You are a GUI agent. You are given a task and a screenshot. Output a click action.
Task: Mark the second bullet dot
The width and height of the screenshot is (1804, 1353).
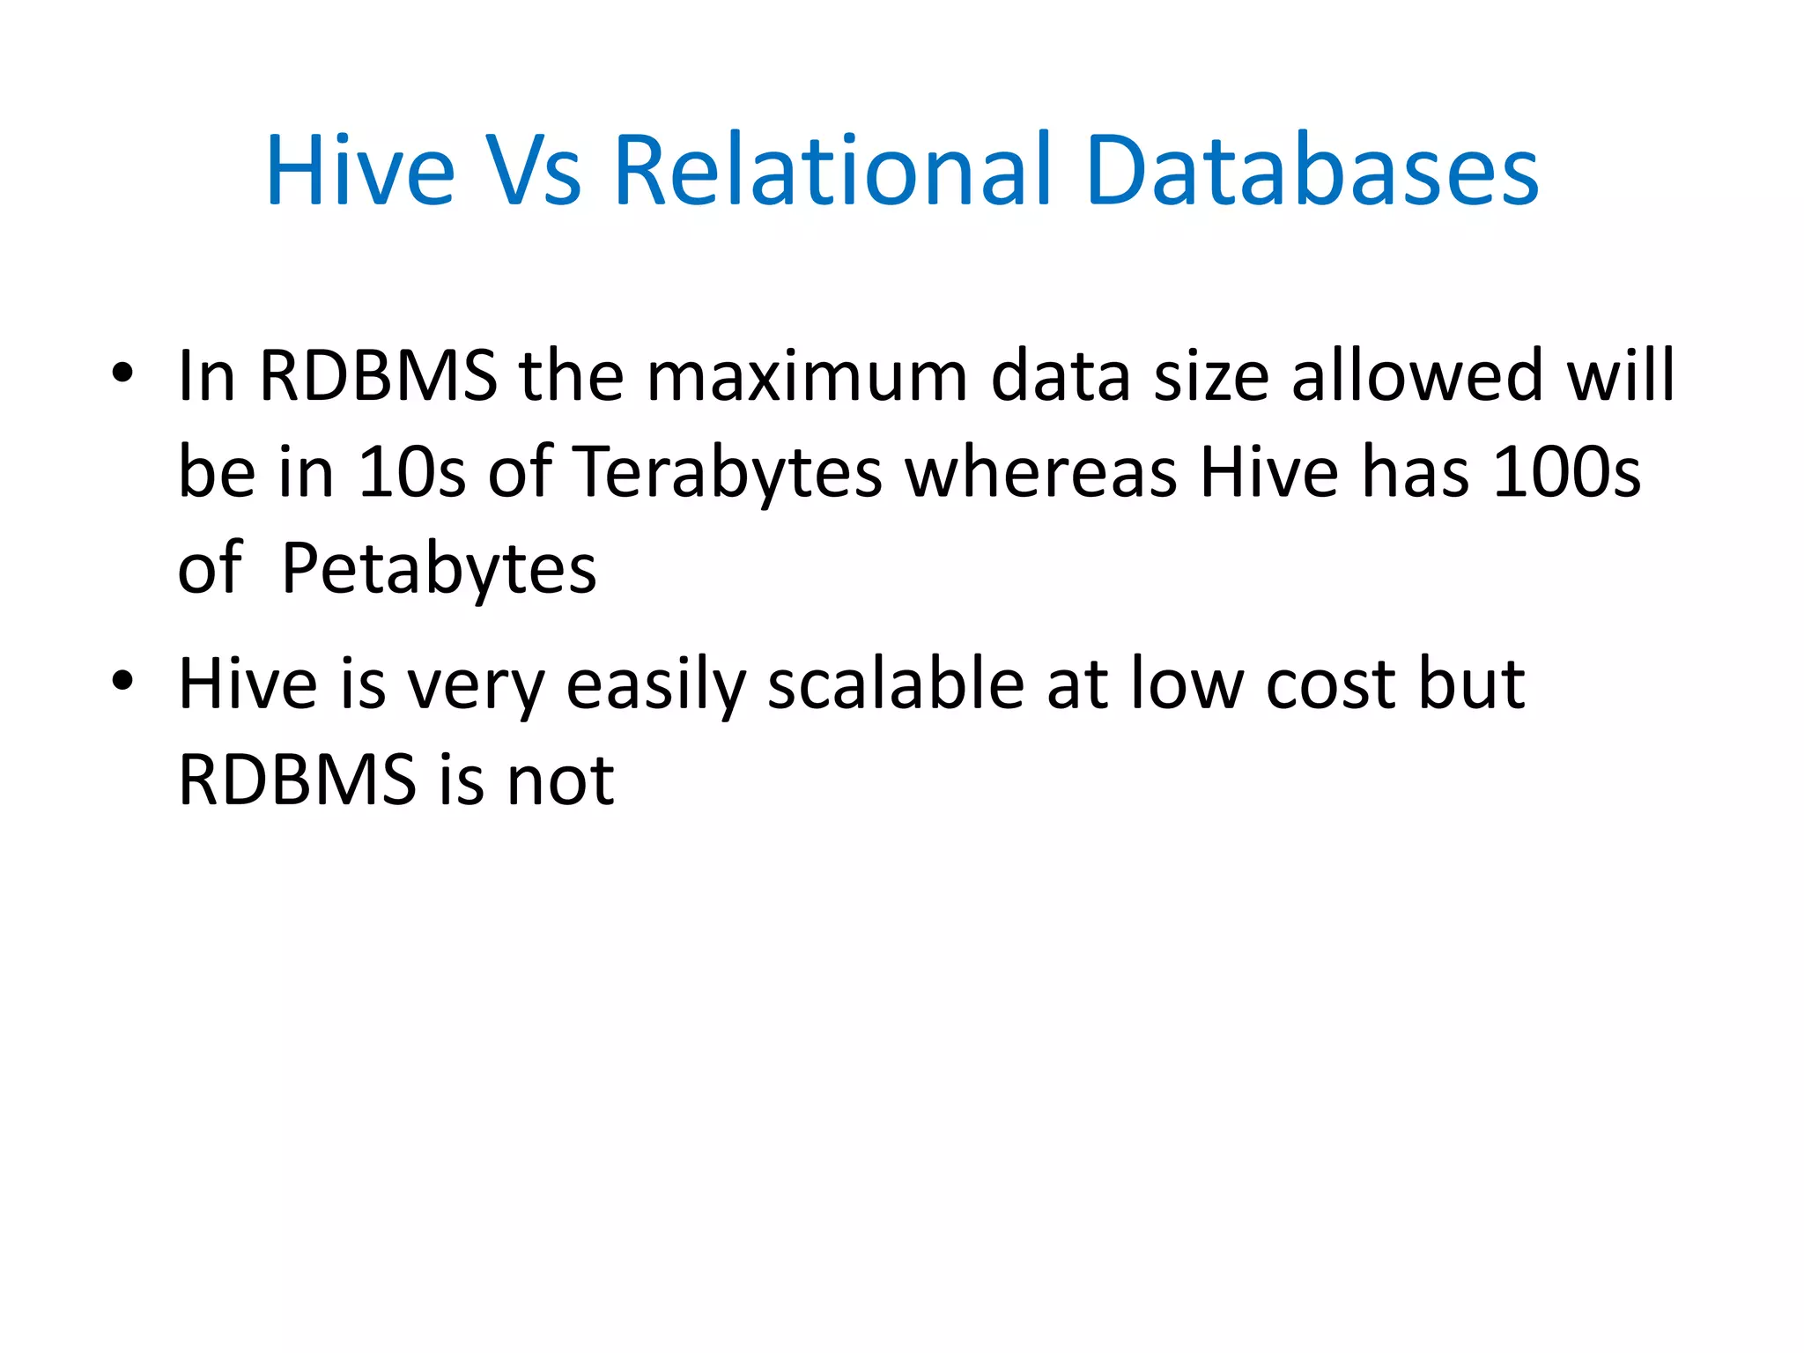pos(122,681)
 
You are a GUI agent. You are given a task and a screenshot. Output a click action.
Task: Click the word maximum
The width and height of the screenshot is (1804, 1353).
pos(807,376)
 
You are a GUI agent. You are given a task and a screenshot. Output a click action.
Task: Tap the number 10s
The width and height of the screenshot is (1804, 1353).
pos(411,472)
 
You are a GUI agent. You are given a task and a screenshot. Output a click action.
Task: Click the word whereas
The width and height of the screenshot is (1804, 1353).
pos(1041,472)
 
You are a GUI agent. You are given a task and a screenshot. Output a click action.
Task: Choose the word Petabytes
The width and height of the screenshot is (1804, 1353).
pos(439,570)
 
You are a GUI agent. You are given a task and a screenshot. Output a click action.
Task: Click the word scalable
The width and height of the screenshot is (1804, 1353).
pos(896,684)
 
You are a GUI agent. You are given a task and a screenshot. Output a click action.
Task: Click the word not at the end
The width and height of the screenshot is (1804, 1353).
pos(560,780)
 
